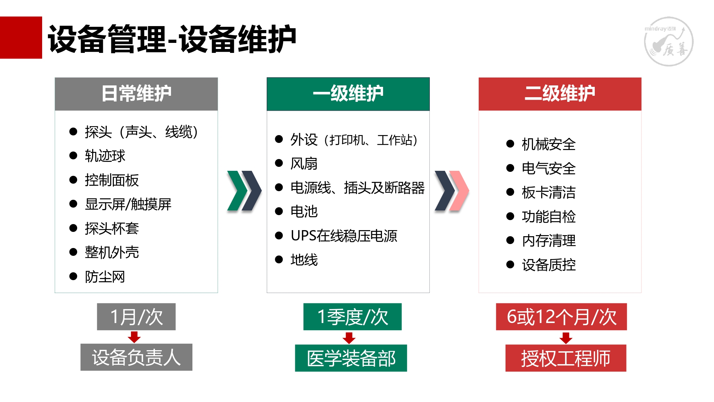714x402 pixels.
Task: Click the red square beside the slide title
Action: pyautogui.click(x=21, y=38)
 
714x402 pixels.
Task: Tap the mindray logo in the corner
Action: pyautogui.click(x=669, y=41)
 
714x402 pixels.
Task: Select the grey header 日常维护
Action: pyautogui.click(x=136, y=94)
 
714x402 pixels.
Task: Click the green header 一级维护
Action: pyautogui.click(x=348, y=94)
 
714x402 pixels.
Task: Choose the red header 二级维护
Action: pyautogui.click(x=560, y=94)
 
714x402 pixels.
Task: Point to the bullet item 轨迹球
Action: pyautogui.click(x=105, y=156)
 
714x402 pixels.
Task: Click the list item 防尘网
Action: pyautogui.click(x=105, y=277)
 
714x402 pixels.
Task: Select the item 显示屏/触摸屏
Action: pyautogui.click(x=128, y=204)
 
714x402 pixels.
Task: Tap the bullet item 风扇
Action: pyautogui.click(x=304, y=163)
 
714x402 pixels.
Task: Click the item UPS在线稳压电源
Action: pyautogui.click(x=344, y=235)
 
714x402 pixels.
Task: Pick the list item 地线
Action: pyautogui.click(x=304, y=260)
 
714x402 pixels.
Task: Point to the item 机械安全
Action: pyautogui.click(x=549, y=144)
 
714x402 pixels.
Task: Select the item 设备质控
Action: pyautogui.click(x=549, y=265)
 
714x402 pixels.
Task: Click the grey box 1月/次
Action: pyautogui.click(x=136, y=317)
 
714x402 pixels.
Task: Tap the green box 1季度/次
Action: pyautogui.click(x=352, y=317)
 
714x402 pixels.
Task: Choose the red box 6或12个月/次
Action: pyautogui.click(x=561, y=317)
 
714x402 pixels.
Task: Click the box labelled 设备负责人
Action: pyautogui.click(x=136, y=357)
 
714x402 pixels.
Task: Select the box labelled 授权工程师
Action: pyautogui.click(x=566, y=358)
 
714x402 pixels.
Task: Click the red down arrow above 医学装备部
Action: pyautogui.click(x=349, y=338)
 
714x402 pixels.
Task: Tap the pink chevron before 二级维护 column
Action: pyautogui.click(x=459, y=190)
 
